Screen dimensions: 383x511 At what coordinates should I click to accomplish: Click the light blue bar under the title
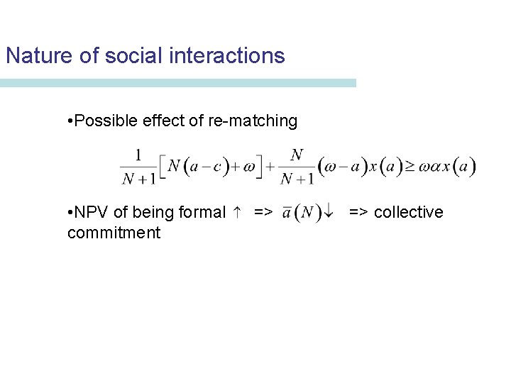pos(177,83)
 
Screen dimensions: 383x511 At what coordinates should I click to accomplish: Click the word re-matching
pos(253,121)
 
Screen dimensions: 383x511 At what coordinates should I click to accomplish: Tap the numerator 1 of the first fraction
pos(138,154)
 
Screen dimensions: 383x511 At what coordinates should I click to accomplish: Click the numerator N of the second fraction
pos(297,154)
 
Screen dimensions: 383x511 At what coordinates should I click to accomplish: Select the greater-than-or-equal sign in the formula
pos(410,167)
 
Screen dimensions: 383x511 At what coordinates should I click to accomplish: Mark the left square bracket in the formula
pos(162,167)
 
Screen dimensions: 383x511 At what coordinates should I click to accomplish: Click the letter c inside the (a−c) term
pos(217,168)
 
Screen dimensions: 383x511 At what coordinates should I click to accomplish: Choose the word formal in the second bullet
pos(203,213)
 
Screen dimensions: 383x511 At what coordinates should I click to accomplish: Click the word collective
pos(408,213)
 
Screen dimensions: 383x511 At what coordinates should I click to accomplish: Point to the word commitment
pos(114,233)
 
